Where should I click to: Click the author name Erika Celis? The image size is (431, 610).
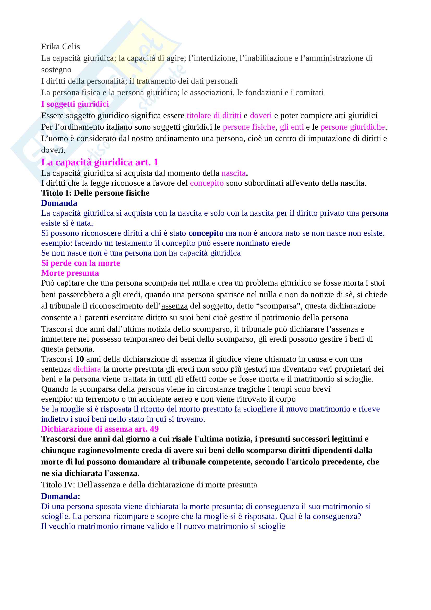(60, 47)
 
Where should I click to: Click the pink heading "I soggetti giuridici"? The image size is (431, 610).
(75, 104)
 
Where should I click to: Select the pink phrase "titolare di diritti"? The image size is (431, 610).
(214, 116)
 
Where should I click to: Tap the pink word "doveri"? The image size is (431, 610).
(260, 116)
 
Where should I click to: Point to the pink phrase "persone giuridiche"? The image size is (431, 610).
(353, 127)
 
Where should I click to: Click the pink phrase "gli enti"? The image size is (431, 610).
(292, 127)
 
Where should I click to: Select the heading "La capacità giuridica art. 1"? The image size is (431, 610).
(100, 162)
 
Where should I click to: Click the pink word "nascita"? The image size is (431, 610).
(233, 173)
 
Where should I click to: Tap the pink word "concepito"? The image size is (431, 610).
(207, 183)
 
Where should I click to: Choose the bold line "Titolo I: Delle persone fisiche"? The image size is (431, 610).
(95, 193)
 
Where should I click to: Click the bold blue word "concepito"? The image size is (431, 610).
(206, 233)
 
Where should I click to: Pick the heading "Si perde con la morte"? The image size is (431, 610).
(81, 263)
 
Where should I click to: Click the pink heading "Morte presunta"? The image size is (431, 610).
(70, 273)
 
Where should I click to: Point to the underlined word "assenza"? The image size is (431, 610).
(174, 306)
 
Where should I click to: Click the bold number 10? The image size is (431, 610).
(80, 359)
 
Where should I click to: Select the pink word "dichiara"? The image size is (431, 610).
(87, 369)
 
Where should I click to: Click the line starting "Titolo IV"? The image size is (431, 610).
(149, 485)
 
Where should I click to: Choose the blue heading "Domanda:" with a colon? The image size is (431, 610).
(60, 496)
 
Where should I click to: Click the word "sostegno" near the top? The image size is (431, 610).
(56, 70)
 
